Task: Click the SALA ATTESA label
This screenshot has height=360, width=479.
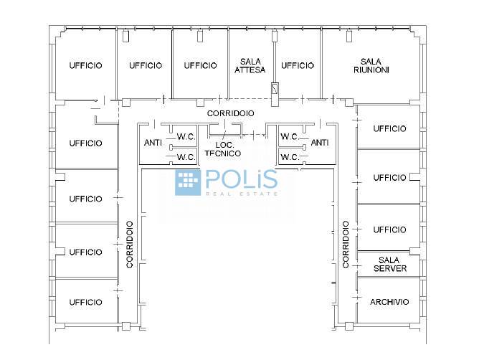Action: [250, 66]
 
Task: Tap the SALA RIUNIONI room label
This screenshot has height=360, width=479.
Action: [371, 66]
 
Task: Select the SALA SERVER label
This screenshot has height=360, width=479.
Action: [390, 265]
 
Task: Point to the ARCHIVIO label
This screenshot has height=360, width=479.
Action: [389, 302]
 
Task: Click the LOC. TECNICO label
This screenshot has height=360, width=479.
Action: [223, 149]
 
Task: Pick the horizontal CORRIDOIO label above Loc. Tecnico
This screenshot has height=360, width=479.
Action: [230, 113]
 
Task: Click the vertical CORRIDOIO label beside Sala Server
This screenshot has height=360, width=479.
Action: [346, 245]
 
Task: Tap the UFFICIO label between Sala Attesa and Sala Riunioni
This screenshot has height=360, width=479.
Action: [298, 65]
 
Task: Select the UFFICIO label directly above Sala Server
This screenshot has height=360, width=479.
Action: [389, 229]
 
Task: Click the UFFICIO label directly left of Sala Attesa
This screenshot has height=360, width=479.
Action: [200, 65]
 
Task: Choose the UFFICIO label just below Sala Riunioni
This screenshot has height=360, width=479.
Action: [389, 128]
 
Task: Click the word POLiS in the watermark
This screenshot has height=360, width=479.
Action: [242, 179]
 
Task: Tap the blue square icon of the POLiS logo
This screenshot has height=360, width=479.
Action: [188, 182]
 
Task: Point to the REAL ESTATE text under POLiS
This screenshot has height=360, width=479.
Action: [242, 194]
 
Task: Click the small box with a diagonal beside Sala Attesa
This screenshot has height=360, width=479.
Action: [275, 89]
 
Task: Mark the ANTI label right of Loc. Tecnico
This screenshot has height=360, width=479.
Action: [320, 143]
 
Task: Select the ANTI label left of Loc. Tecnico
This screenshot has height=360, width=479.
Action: [153, 143]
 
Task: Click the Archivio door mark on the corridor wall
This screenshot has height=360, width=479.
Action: [356, 297]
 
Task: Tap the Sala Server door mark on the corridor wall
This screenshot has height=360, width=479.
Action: [356, 266]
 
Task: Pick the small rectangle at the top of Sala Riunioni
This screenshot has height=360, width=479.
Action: [349, 36]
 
